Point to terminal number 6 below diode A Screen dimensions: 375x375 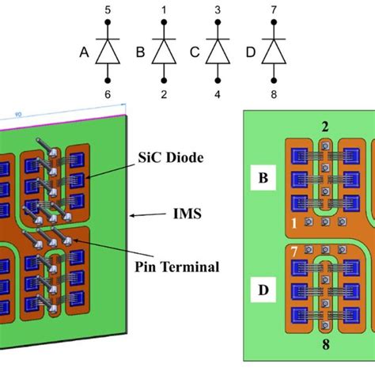[107, 93]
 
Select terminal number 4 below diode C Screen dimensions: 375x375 [218, 93]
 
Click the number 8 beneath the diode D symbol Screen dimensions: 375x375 [275, 93]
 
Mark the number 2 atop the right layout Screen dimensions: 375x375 [324, 126]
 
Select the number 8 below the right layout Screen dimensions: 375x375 [324, 345]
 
